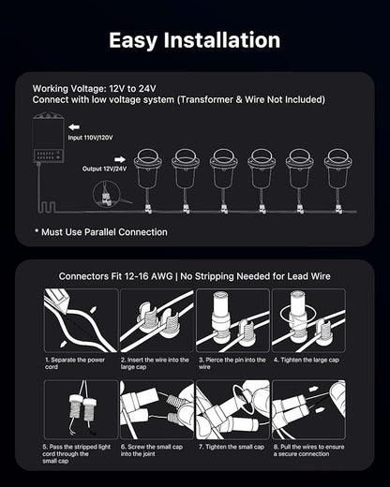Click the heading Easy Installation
click(195, 40)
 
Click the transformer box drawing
click(49, 138)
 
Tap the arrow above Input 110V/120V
click(74, 127)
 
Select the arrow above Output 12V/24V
click(120, 160)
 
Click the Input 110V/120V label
click(90, 138)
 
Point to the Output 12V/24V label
click(104, 169)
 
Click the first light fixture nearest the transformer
click(147, 181)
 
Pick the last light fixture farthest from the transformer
click(338, 181)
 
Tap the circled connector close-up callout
click(106, 195)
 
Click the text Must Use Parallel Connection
click(101, 232)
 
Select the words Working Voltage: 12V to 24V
click(94, 89)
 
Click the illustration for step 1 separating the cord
click(81, 320)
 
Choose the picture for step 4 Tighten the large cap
click(308, 320)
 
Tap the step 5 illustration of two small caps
click(81, 409)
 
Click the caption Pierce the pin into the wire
click(232, 363)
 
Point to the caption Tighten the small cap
click(232, 447)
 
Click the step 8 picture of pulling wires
click(308, 409)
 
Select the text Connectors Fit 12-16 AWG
click(115, 276)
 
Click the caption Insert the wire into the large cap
click(155, 363)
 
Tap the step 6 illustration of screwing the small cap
click(157, 409)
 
